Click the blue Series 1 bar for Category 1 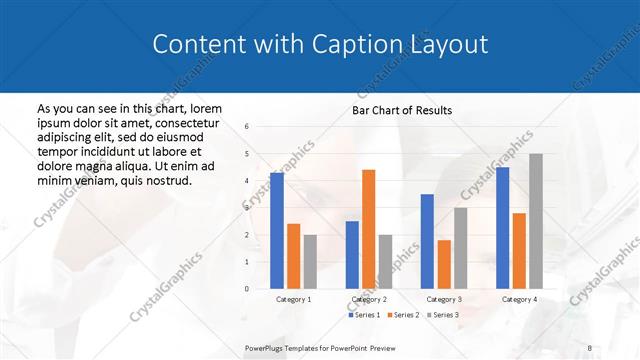point(277,231)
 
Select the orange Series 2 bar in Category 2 point(368,229)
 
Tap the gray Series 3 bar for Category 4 point(536,221)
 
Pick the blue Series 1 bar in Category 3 point(427,241)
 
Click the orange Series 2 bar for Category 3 point(443,264)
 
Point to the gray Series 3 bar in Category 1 point(309,262)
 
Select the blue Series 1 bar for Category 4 point(502,228)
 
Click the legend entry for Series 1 point(364,315)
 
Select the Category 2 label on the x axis point(368,299)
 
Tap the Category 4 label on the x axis point(518,299)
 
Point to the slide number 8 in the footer point(590,348)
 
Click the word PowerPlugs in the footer point(265,348)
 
